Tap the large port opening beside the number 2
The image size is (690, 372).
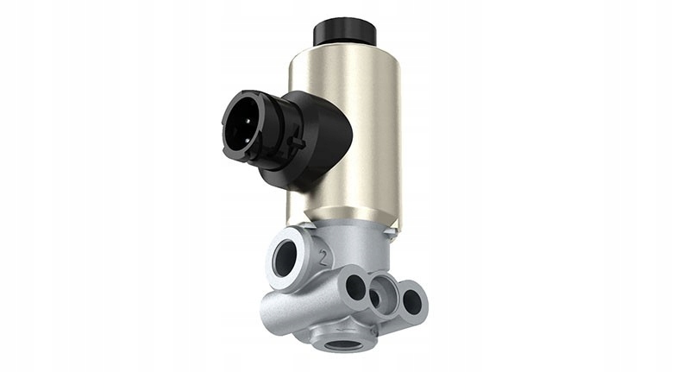pos(284,259)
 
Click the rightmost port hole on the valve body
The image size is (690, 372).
pos(412,301)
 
